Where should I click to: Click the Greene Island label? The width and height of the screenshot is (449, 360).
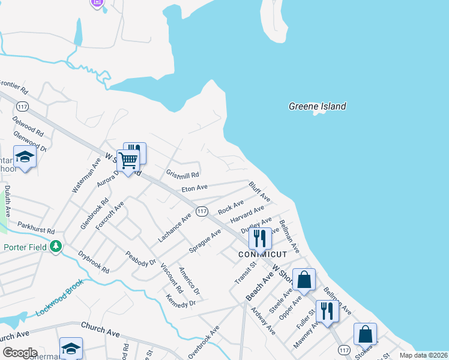(x=317, y=107)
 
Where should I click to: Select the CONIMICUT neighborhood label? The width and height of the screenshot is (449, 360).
(x=262, y=254)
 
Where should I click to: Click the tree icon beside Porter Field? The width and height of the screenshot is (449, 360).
(x=56, y=246)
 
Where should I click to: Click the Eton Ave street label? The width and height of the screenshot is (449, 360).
(x=194, y=188)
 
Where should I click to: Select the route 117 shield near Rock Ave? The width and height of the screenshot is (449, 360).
(x=202, y=211)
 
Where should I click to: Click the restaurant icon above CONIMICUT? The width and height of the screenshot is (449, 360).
(x=260, y=238)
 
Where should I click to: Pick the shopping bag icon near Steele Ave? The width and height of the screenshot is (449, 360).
(x=304, y=279)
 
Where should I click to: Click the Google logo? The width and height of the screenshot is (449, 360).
(x=19, y=353)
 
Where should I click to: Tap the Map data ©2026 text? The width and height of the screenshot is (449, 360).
(x=423, y=355)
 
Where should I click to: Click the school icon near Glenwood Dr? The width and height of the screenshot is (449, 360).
(x=25, y=157)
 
